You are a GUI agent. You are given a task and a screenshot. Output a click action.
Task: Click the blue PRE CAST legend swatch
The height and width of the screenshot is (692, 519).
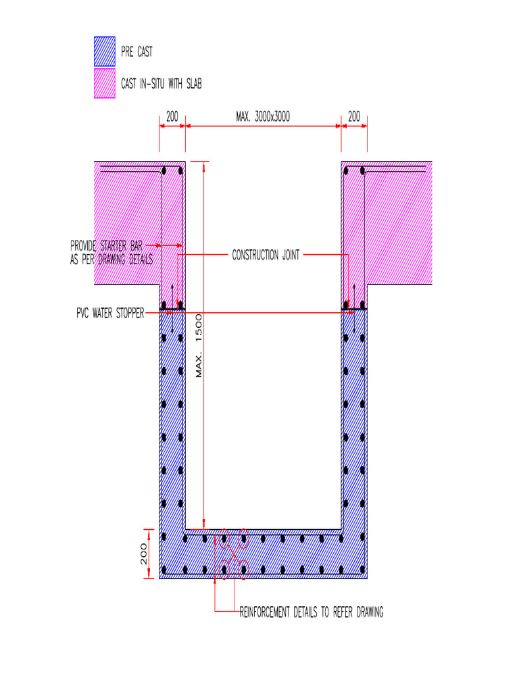pos(104,51)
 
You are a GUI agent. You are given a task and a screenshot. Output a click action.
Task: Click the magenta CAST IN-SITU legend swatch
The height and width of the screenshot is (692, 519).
pos(104,84)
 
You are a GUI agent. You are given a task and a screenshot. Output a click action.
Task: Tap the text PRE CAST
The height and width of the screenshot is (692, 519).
pos(137,52)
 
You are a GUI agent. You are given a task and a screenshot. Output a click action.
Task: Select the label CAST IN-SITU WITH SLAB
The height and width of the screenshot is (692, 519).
pos(161,84)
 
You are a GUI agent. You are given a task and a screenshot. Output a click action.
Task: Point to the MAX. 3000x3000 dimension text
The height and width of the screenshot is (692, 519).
pos(263,117)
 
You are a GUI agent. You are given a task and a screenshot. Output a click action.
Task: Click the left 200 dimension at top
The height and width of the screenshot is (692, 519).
pos(172,117)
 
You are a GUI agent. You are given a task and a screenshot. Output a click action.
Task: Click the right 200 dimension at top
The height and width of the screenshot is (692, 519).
pos(354,117)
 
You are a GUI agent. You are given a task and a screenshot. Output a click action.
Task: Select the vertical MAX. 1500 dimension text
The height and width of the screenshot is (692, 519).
pos(199,346)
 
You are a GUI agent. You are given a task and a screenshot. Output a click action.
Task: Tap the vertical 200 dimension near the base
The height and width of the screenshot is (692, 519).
pos(144,554)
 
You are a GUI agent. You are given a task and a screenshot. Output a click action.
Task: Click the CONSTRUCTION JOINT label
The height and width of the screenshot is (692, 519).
pos(266,255)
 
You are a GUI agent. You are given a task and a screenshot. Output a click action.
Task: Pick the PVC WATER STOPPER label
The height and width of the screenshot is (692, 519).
pos(109,314)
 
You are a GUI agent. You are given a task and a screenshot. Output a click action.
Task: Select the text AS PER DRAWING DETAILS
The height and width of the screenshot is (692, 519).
pos(112,259)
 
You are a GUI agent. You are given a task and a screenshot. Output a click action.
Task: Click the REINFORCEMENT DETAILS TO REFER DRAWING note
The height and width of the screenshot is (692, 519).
pos(312,613)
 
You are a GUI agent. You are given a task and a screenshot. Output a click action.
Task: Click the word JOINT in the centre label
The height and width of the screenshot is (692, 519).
pos(288,255)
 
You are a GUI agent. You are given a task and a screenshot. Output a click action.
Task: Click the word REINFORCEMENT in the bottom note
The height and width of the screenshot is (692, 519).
pos(268,613)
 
